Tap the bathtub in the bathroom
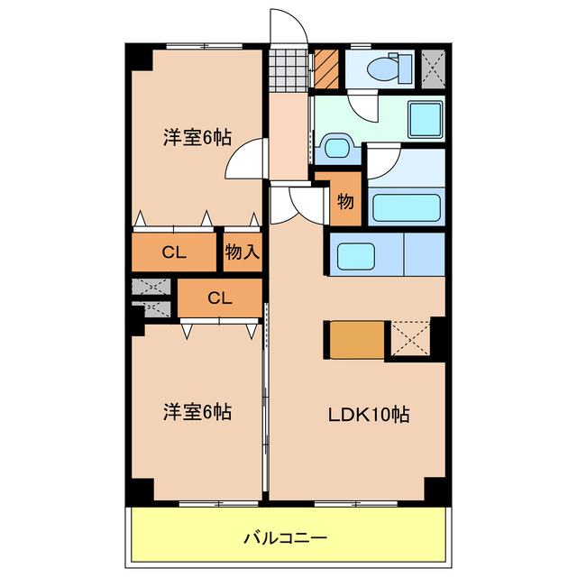407,206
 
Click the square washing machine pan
426,119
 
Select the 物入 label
242,252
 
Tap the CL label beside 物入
175,252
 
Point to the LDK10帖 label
368,415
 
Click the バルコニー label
286,538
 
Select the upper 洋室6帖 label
197,138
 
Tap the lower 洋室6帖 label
197,412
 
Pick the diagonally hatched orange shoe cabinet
325,68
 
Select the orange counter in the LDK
357,339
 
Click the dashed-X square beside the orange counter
409,339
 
